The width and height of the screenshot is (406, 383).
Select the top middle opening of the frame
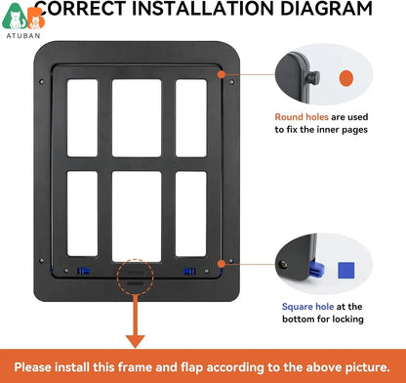(x=136, y=118)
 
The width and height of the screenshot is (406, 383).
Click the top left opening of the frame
(x=82, y=118)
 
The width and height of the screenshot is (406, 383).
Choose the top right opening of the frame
(x=190, y=118)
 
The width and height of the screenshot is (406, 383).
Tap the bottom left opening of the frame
(x=82, y=214)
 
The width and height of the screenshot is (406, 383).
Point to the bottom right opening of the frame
(x=190, y=214)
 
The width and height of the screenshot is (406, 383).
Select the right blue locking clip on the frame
(x=189, y=271)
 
